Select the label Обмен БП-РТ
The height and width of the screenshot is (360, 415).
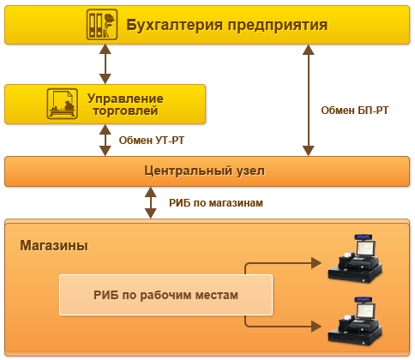tap(354, 110)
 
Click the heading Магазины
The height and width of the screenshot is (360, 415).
tap(53, 245)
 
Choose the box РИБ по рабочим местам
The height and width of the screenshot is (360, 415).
tap(165, 295)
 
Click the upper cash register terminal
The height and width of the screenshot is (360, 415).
tap(358, 257)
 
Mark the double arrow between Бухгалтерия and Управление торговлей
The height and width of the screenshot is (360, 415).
tap(105, 64)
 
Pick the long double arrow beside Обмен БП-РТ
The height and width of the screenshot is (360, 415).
tap(306, 101)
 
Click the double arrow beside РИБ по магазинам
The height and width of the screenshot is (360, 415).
tap(151, 203)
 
